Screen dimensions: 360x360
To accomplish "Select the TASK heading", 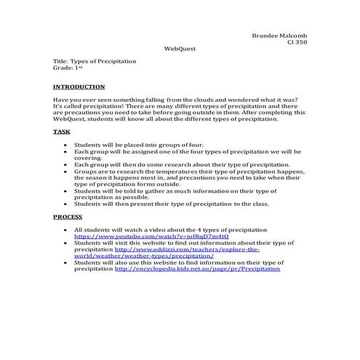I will tap(62, 132).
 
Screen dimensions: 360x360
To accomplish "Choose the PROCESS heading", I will tap(68, 217).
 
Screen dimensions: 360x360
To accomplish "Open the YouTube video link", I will tap(131, 236).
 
